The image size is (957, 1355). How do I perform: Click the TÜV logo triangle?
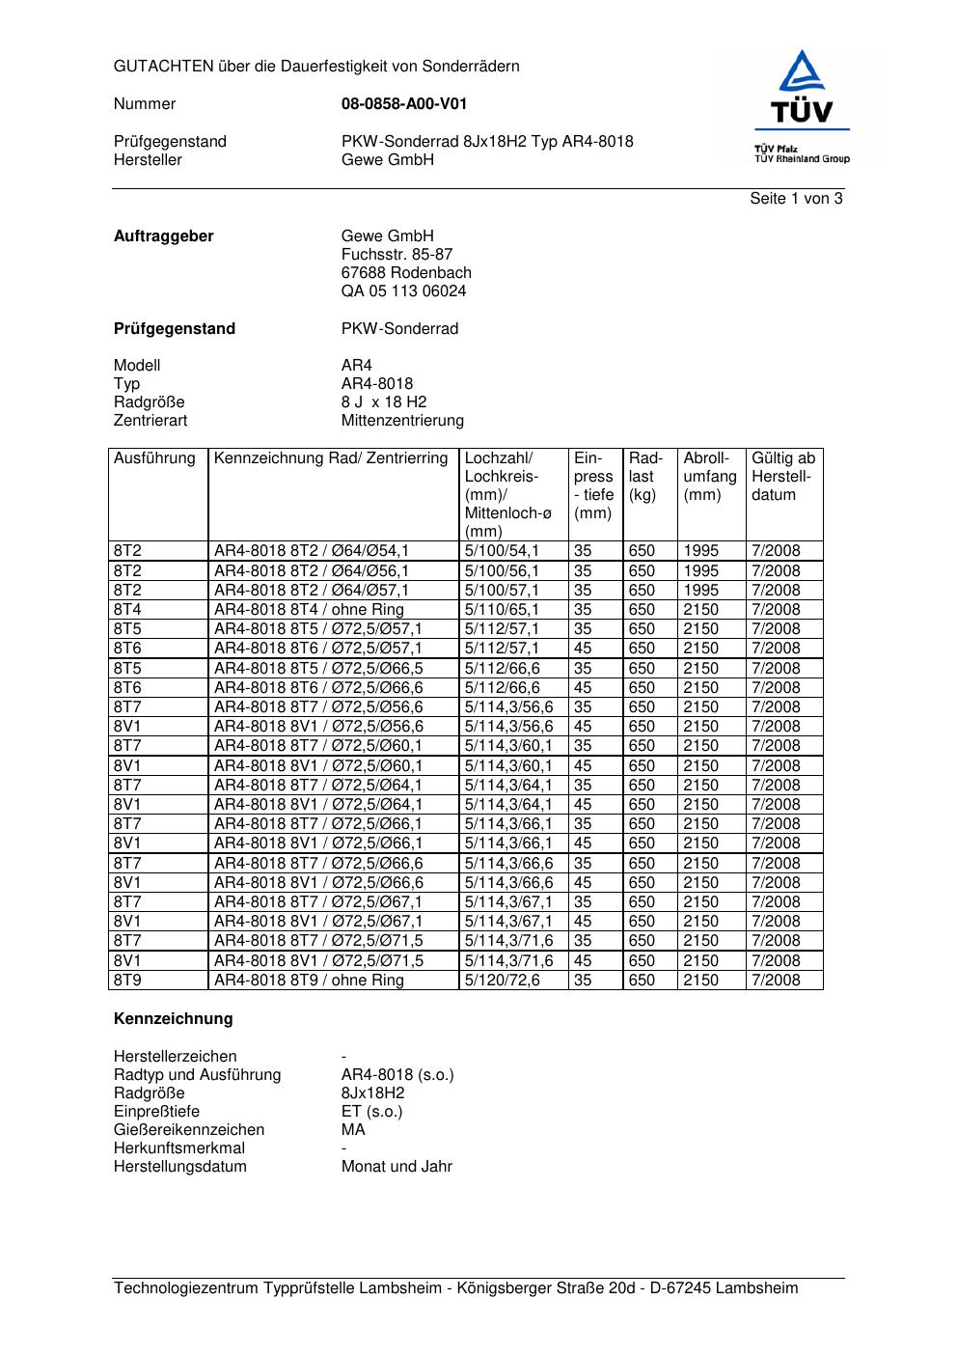point(802,73)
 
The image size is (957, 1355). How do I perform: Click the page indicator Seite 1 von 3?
point(796,199)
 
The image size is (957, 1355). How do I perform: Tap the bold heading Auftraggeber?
point(164,236)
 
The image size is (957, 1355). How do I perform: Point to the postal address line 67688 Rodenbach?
point(406,273)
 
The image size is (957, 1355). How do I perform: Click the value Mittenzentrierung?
point(402,421)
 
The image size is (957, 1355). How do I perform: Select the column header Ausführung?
point(154,458)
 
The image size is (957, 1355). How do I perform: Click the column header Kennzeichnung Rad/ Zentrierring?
point(331,458)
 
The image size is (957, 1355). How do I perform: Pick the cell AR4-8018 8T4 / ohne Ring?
point(309,610)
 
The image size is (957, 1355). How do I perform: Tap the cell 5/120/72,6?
point(503,981)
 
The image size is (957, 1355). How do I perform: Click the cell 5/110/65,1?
point(503,610)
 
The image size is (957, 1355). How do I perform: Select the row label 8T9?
point(127,981)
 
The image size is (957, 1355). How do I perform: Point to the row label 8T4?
point(127,610)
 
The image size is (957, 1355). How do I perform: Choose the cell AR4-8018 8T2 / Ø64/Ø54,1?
point(312,551)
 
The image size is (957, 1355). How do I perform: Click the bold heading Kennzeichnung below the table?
point(174,1019)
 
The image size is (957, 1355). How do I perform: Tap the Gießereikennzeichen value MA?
point(353,1130)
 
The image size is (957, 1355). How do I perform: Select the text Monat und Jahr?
point(396,1167)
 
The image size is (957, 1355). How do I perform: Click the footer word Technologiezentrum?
point(187,1288)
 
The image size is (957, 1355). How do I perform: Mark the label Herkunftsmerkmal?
point(179,1148)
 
